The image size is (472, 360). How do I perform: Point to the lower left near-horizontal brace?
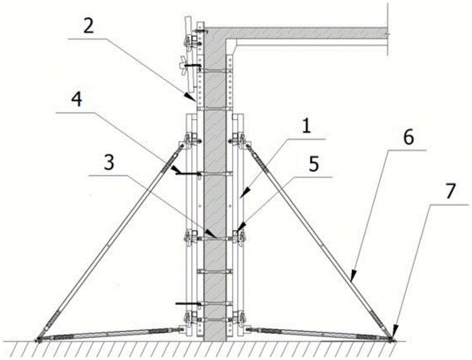pyautogui.click(x=109, y=333)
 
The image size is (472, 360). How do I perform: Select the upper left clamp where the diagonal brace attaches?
pyautogui.click(x=188, y=141)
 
